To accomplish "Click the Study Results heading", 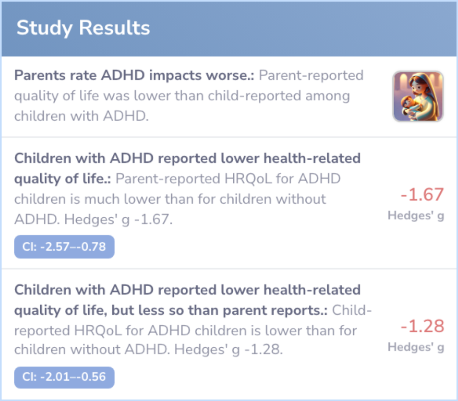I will tap(83, 28).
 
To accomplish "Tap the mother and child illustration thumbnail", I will tap(418, 97).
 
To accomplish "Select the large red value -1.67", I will tap(422, 195).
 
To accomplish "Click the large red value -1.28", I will tap(422, 326).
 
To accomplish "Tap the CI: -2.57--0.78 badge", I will tap(64, 246).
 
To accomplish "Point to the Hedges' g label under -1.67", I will tap(416, 216).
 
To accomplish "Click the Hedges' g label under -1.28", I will tap(416, 347).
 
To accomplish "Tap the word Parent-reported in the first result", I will tap(311, 76).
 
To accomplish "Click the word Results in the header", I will tap(114, 28).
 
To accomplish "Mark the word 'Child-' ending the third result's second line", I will tap(352, 310).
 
